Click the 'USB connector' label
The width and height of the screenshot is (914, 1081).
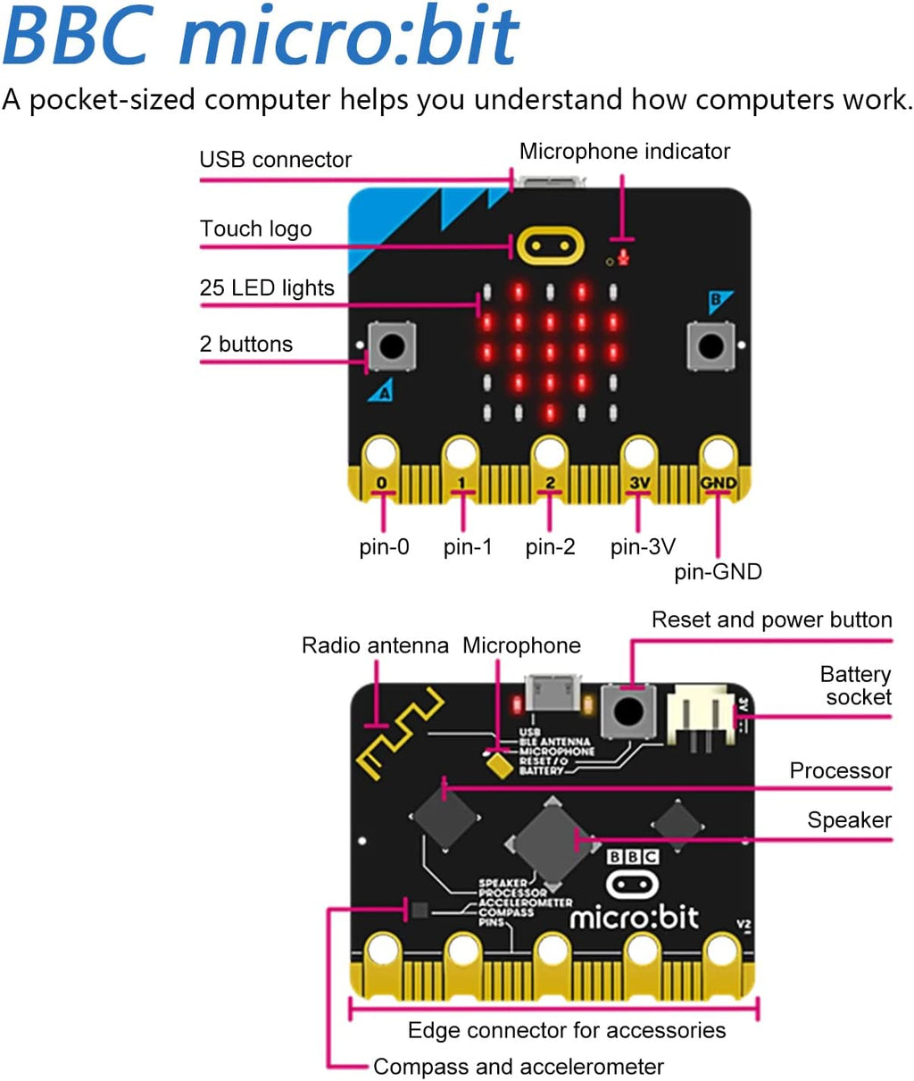pyautogui.click(x=275, y=160)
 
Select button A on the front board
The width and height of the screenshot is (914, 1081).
pyautogui.click(x=392, y=345)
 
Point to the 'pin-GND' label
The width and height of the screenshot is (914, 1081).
pyautogui.click(x=718, y=571)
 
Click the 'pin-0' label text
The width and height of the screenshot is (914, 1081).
pyautogui.click(x=384, y=546)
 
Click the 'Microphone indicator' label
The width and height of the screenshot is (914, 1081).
pyautogui.click(x=624, y=152)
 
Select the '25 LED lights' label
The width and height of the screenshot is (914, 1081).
pyautogui.click(x=267, y=287)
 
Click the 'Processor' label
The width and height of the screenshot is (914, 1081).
pyautogui.click(x=840, y=770)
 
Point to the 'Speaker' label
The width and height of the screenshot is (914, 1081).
pyautogui.click(x=849, y=819)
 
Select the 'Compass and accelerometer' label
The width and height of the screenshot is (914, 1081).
pyautogui.click(x=518, y=1066)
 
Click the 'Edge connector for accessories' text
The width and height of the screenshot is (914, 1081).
pyautogui.click(x=566, y=1030)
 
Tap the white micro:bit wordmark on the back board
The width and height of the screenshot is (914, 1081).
pyautogui.click(x=634, y=917)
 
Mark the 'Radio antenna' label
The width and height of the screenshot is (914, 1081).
pyautogui.click(x=375, y=645)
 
